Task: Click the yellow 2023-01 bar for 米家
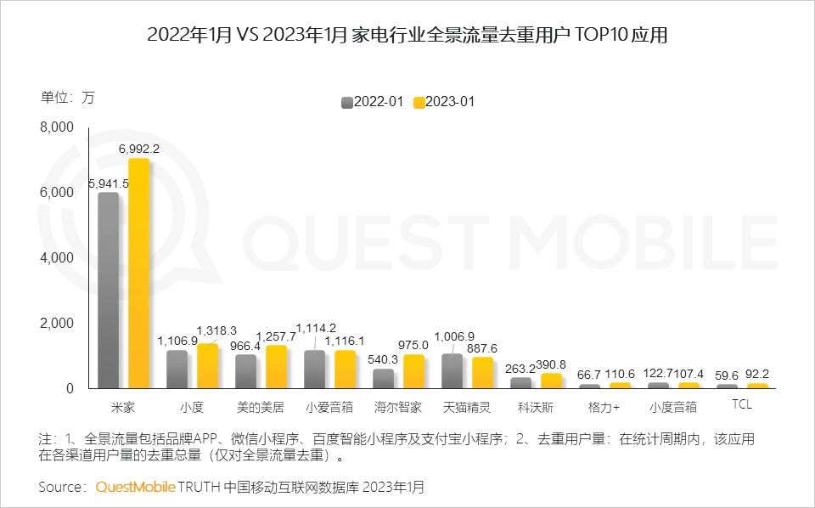(x=138, y=274)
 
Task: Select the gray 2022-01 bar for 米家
(x=109, y=291)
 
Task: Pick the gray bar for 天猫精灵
(x=452, y=371)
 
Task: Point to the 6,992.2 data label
(x=139, y=149)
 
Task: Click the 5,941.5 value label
(x=108, y=183)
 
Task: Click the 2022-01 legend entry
(x=372, y=102)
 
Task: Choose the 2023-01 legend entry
(x=443, y=102)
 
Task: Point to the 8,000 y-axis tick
(x=58, y=127)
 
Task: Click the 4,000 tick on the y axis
(x=58, y=258)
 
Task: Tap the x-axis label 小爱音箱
(x=329, y=407)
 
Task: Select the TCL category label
(x=741, y=405)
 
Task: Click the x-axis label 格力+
(x=604, y=407)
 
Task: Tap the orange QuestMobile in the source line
(x=135, y=487)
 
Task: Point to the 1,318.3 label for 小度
(x=216, y=330)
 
